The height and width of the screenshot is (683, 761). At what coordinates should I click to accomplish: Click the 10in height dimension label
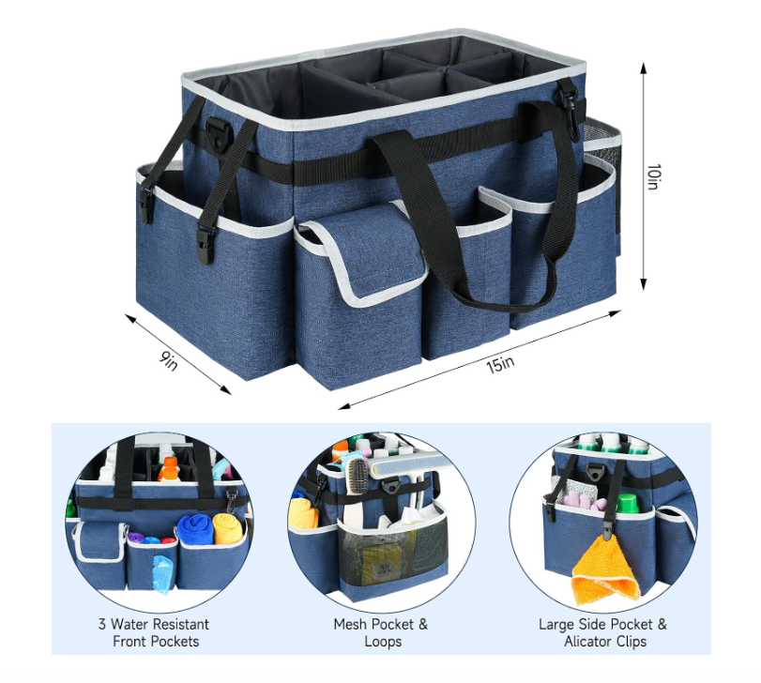(x=653, y=176)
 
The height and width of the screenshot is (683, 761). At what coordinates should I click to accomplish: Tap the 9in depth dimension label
(x=168, y=360)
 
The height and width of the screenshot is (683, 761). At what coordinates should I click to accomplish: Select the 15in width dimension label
(x=500, y=364)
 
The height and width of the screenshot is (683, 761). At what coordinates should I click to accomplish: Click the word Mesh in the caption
(x=349, y=624)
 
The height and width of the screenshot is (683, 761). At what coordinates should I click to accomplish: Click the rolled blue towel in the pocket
(x=195, y=529)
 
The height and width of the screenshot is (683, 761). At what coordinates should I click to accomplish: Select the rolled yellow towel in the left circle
(x=228, y=528)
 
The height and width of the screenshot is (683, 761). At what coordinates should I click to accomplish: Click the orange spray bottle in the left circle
(x=169, y=468)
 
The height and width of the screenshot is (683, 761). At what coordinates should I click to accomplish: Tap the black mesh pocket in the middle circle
(x=392, y=556)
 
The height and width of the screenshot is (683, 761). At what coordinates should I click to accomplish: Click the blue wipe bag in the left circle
(x=162, y=573)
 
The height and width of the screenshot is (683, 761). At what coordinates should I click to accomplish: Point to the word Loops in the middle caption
(x=383, y=642)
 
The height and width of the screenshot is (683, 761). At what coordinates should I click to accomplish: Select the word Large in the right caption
(x=557, y=624)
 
